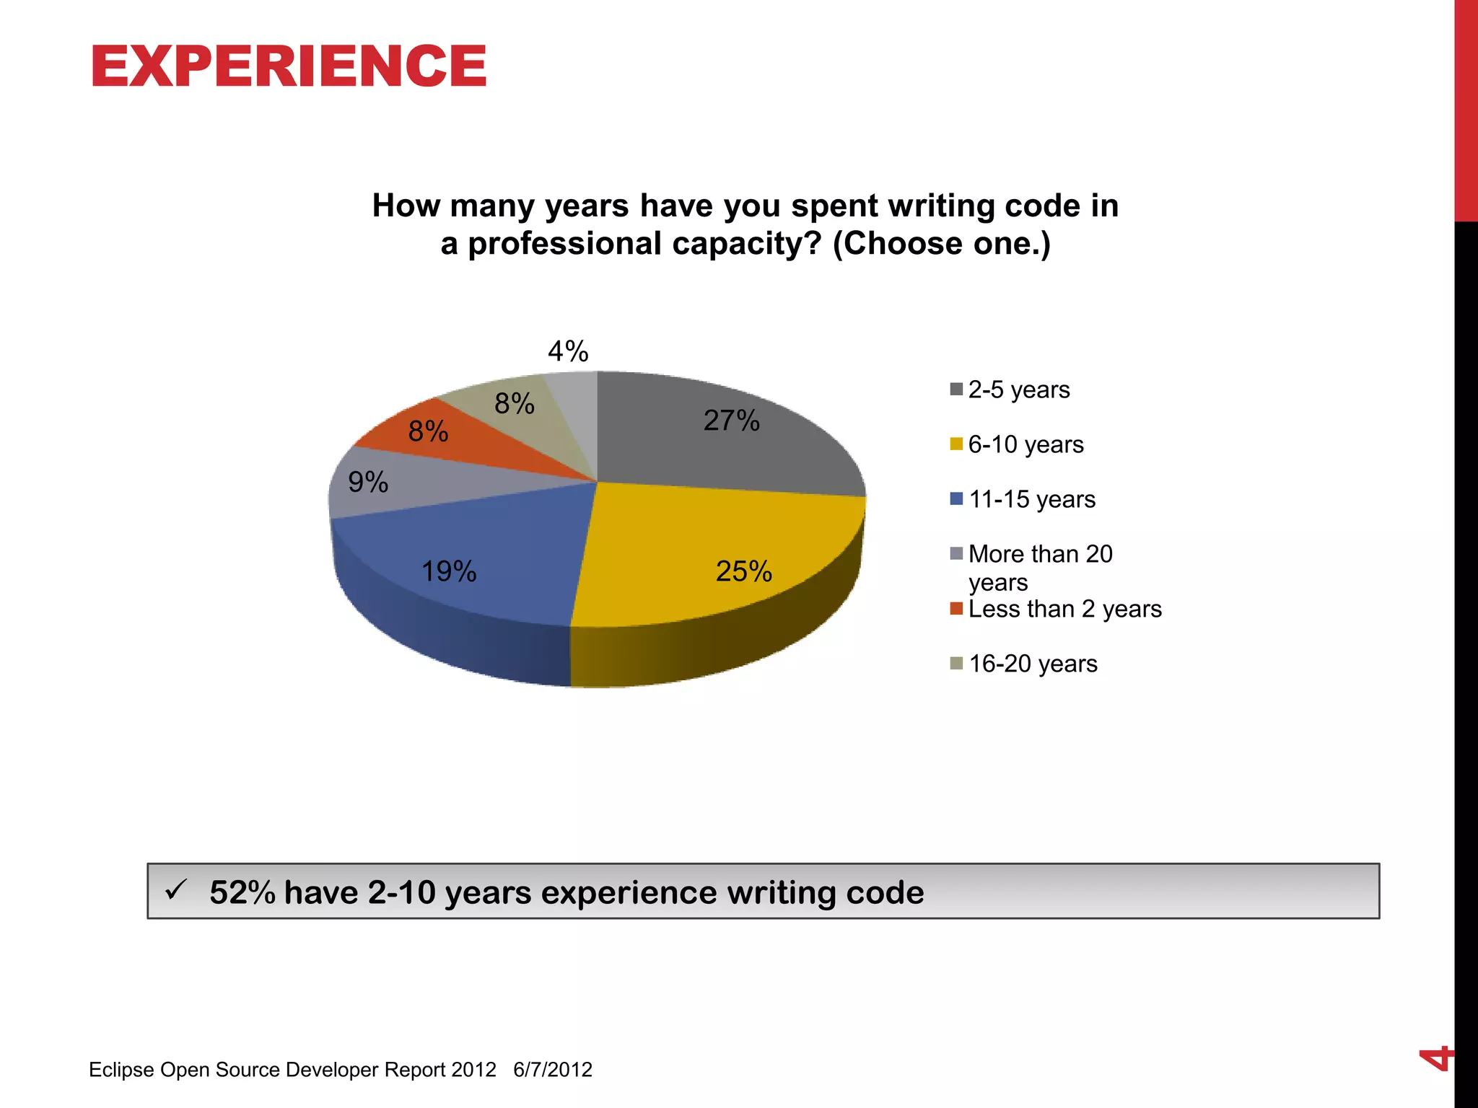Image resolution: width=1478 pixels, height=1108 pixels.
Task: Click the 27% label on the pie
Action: point(731,421)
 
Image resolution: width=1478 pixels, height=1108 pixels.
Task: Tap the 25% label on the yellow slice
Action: point(743,571)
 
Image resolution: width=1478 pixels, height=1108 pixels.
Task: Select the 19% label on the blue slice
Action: point(448,571)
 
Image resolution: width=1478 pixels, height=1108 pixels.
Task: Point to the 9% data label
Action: point(368,482)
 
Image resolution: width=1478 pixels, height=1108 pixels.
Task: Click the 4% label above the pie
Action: point(568,351)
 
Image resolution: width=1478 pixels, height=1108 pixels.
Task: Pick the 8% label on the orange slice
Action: point(428,431)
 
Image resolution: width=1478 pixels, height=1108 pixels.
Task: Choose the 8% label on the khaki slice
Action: point(514,403)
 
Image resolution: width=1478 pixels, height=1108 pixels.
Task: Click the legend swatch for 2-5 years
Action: point(956,390)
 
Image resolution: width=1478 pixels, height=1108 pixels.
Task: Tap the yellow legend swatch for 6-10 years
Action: point(956,444)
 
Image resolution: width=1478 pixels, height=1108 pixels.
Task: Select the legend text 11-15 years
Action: point(1031,499)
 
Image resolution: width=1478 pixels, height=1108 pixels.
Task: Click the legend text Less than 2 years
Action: point(1064,609)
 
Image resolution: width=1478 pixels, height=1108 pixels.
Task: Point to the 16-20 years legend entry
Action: point(1032,664)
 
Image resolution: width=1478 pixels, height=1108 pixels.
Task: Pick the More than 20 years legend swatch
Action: point(956,554)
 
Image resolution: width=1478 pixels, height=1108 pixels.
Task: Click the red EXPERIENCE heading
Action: point(289,66)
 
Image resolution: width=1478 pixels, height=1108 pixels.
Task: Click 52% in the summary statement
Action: point(242,892)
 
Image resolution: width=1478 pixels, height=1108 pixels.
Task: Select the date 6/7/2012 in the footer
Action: point(552,1069)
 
